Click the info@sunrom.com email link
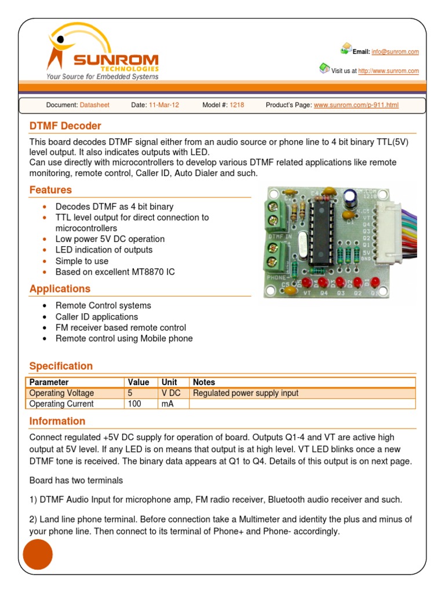pos(395,52)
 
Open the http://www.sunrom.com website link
pos(388,71)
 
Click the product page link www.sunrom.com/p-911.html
pos(356,105)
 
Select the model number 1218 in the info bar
pos(236,105)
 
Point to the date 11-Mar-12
pos(164,105)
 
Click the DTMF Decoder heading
pos(65,126)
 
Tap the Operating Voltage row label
pos(61,393)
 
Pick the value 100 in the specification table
pos(134,404)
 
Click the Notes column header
pos(204,382)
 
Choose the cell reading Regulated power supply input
pos(246,393)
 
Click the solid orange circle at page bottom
pos(38,555)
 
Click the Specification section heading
pos(61,366)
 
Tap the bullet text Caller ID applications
pos(97,317)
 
